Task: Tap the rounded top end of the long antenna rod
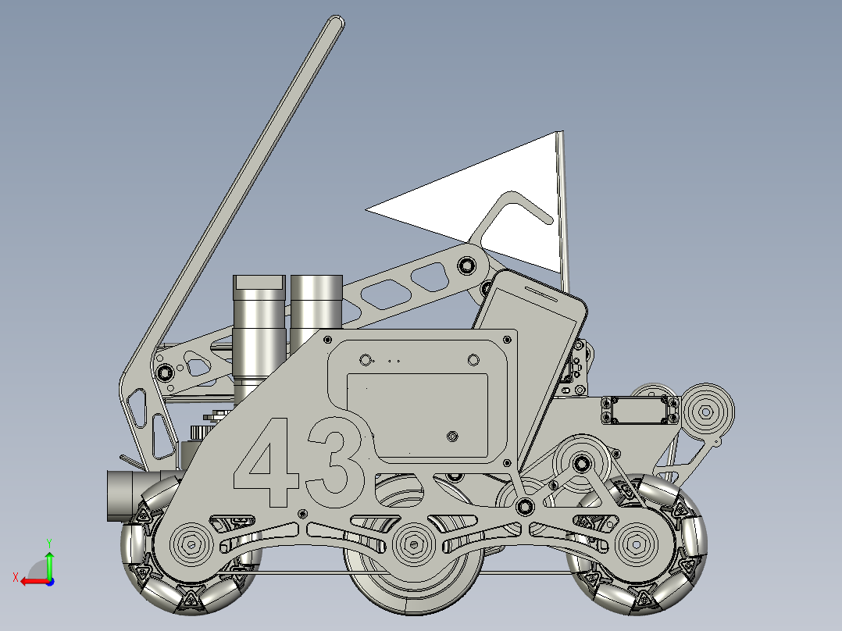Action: click(335, 26)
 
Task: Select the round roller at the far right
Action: click(707, 412)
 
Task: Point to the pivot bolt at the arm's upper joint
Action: click(468, 265)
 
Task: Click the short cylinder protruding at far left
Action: click(121, 495)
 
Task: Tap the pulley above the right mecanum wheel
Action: click(581, 464)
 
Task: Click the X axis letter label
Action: click(15, 578)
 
